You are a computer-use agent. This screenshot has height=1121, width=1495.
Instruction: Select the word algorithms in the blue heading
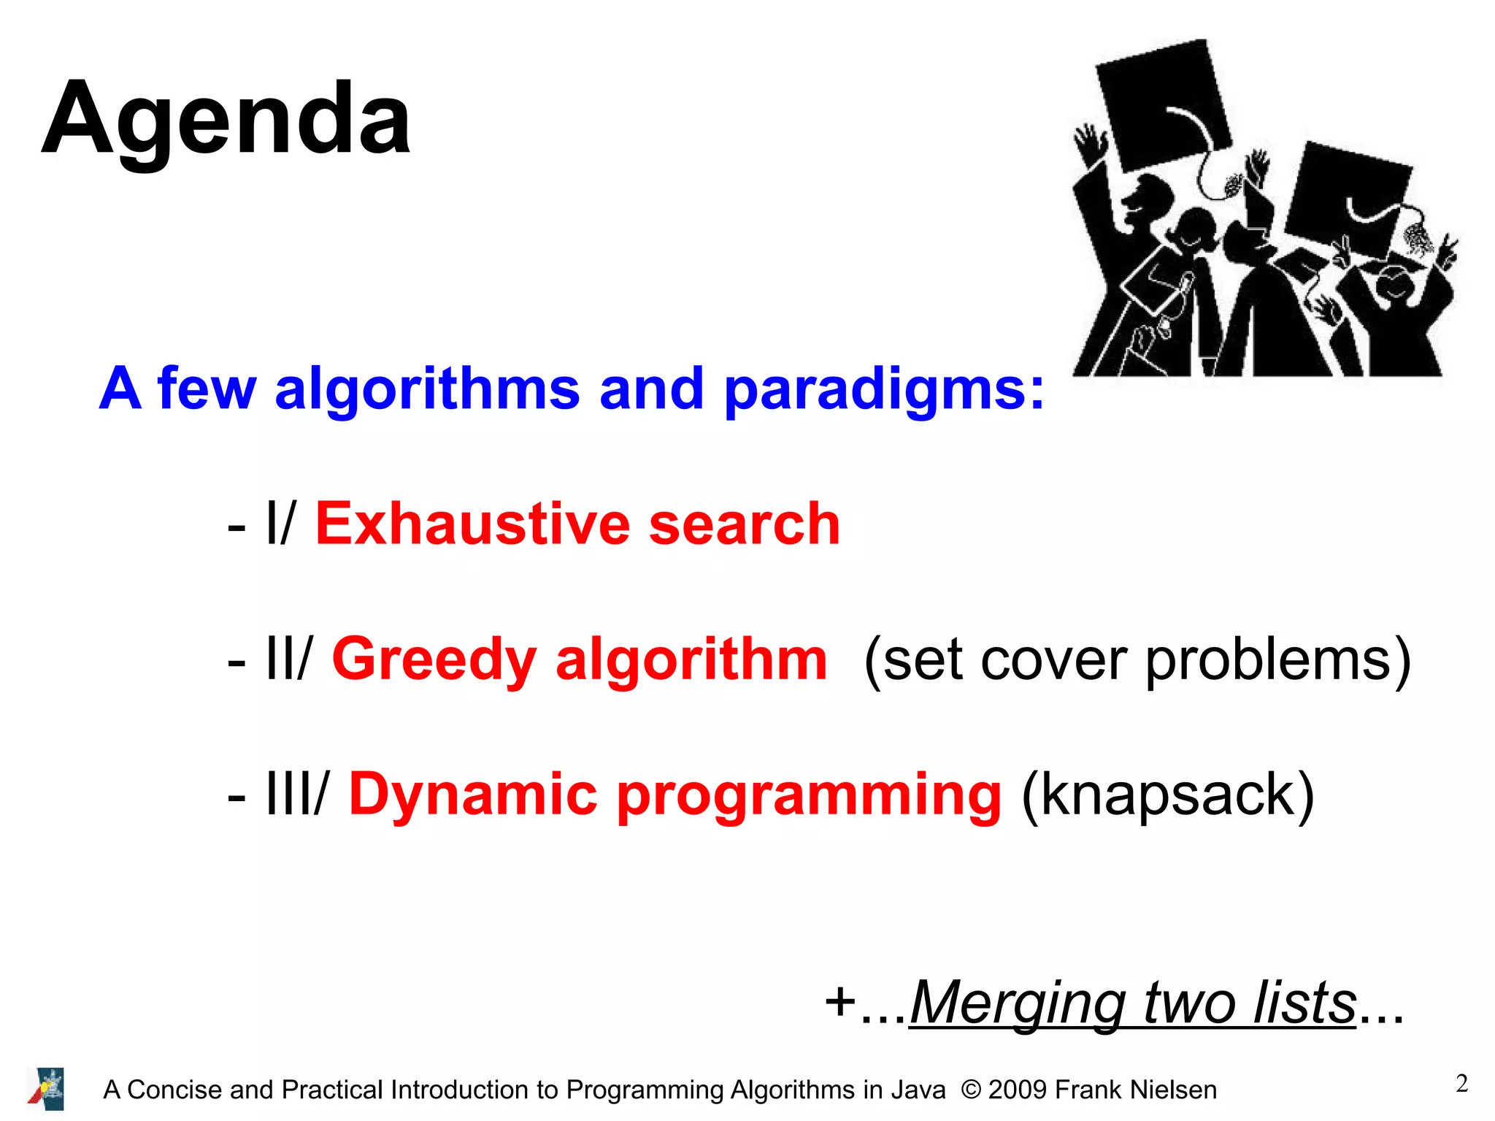[x=427, y=389]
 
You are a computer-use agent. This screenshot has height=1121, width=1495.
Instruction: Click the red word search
[x=745, y=524]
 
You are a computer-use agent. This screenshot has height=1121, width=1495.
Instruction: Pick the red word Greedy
[x=434, y=659]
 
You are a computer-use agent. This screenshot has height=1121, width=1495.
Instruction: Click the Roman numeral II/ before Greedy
[x=289, y=659]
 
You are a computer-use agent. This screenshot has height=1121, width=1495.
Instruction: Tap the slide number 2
[x=1461, y=1084]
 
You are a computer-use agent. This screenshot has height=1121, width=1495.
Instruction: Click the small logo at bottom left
[x=46, y=1088]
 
